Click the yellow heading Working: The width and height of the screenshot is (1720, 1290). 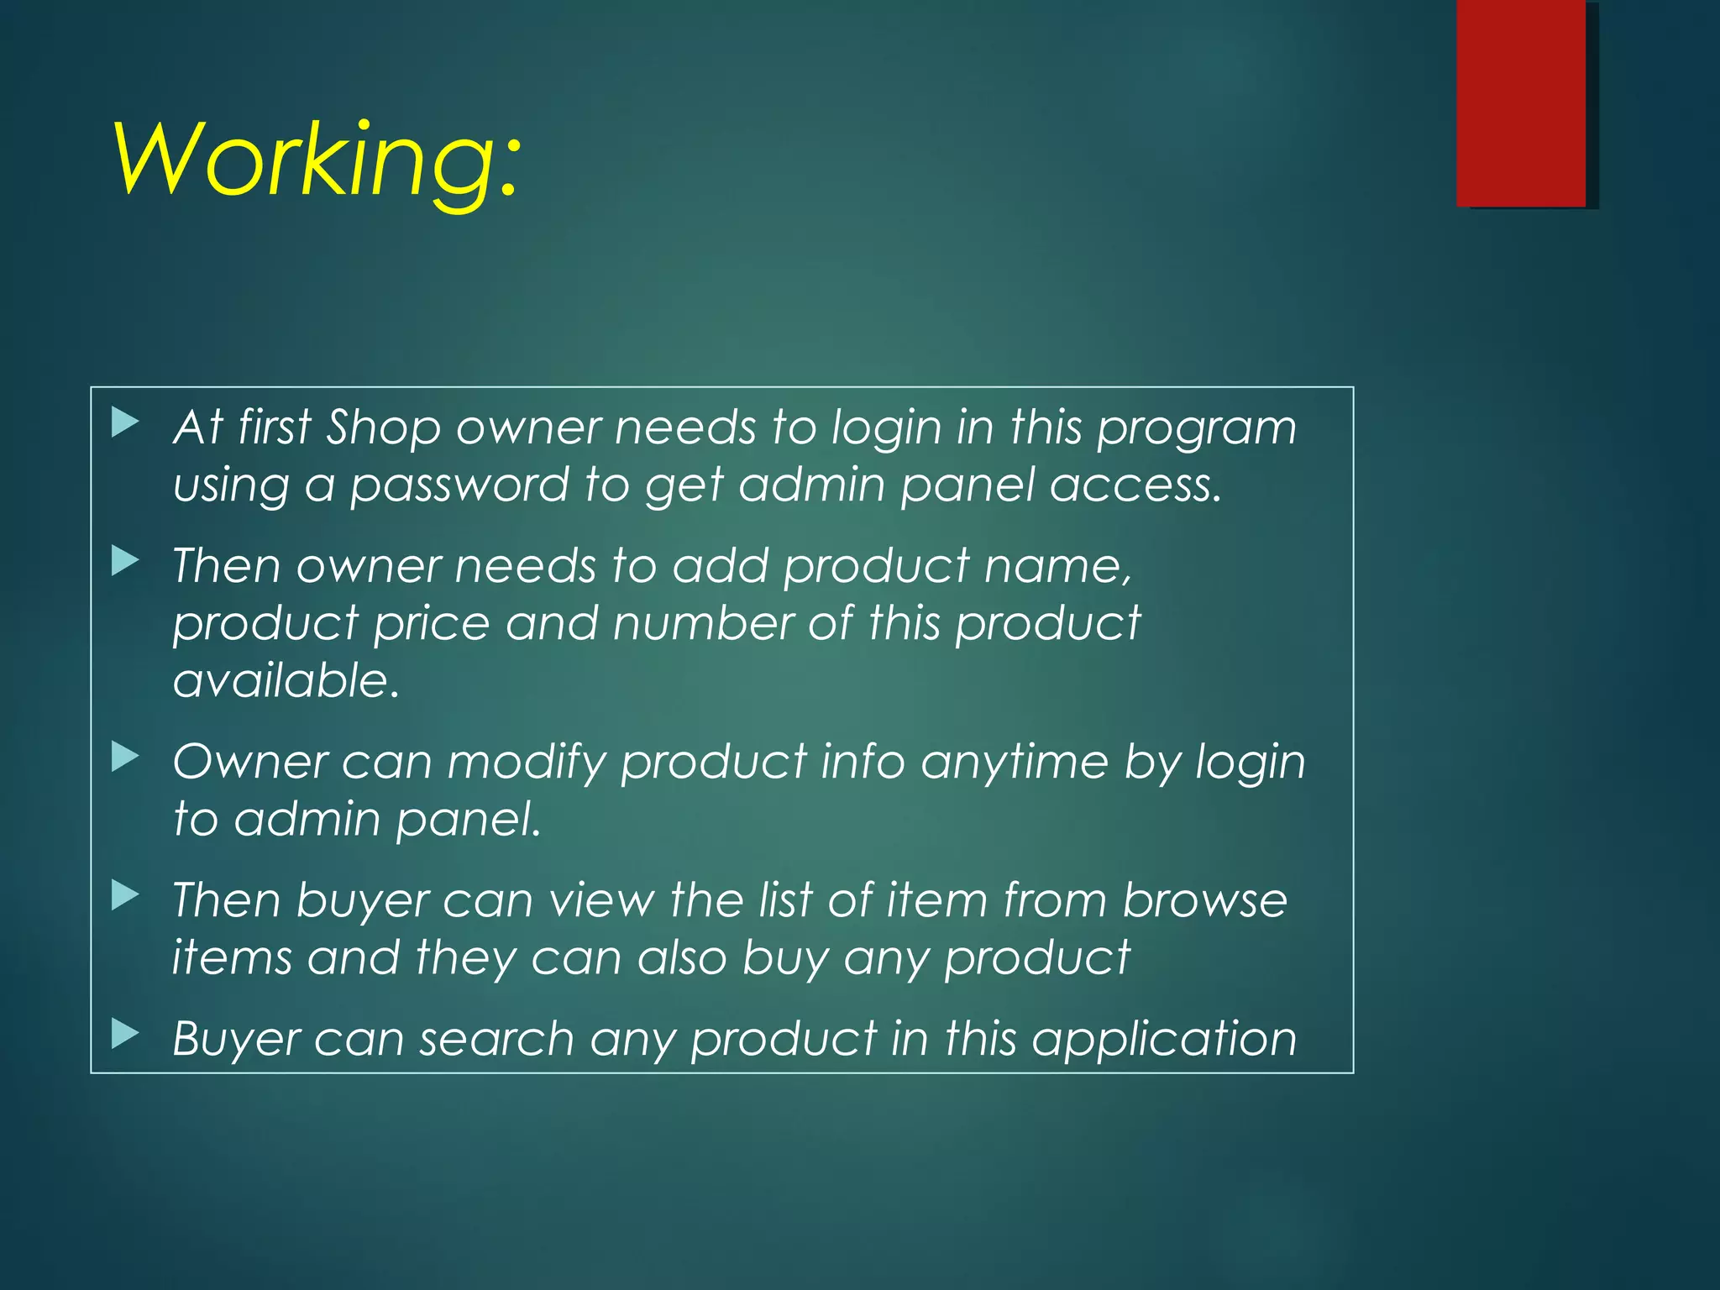(x=317, y=160)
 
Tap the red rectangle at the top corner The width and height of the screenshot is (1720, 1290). (x=1521, y=102)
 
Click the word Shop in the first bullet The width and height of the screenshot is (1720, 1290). (x=383, y=427)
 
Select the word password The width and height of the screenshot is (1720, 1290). (x=459, y=486)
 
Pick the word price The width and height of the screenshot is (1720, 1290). (x=431, y=624)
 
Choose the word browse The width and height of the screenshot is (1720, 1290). (x=1204, y=900)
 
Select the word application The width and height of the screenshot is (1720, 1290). (x=1164, y=1040)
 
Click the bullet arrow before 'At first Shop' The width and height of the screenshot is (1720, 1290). (x=125, y=422)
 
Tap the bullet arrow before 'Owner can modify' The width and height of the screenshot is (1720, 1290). (x=125, y=757)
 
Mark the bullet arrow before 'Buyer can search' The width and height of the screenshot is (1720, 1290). (x=125, y=1034)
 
